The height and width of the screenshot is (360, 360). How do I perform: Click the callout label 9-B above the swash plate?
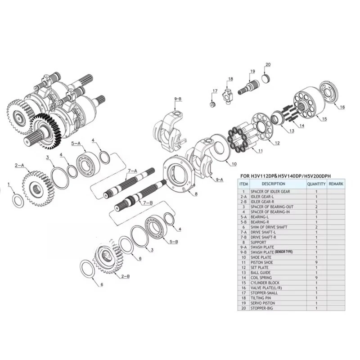tap(178, 99)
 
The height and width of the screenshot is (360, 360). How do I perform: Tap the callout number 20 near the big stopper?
tap(268, 64)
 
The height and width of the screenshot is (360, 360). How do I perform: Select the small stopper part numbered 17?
tap(213, 104)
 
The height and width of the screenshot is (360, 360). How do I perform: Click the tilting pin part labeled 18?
tap(227, 95)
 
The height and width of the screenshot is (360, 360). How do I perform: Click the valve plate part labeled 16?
tap(329, 92)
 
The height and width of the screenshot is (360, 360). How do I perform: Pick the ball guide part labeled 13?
tap(278, 118)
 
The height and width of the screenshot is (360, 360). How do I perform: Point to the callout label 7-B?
tap(148, 203)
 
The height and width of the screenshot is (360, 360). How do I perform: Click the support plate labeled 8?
tap(180, 172)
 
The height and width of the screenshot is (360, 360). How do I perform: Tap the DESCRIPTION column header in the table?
tap(273, 184)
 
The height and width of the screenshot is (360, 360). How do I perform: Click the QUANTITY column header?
tap(316, 184)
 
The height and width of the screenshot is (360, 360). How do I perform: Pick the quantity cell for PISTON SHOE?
tap(316, 262)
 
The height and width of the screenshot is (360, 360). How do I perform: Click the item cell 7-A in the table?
tap(243, 232)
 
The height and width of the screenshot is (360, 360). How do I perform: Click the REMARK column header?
tap(336, 184)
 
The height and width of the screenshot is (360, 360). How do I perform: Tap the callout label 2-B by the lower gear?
tap(126, 276)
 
